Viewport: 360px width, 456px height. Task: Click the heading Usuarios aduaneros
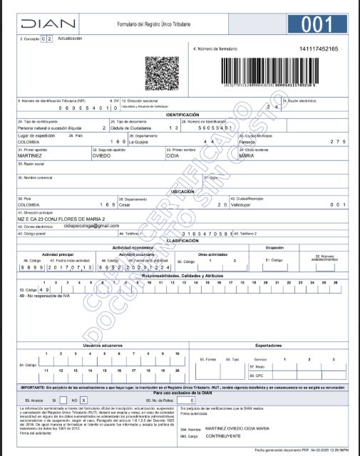pyautogui.click(x=103, y=345)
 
